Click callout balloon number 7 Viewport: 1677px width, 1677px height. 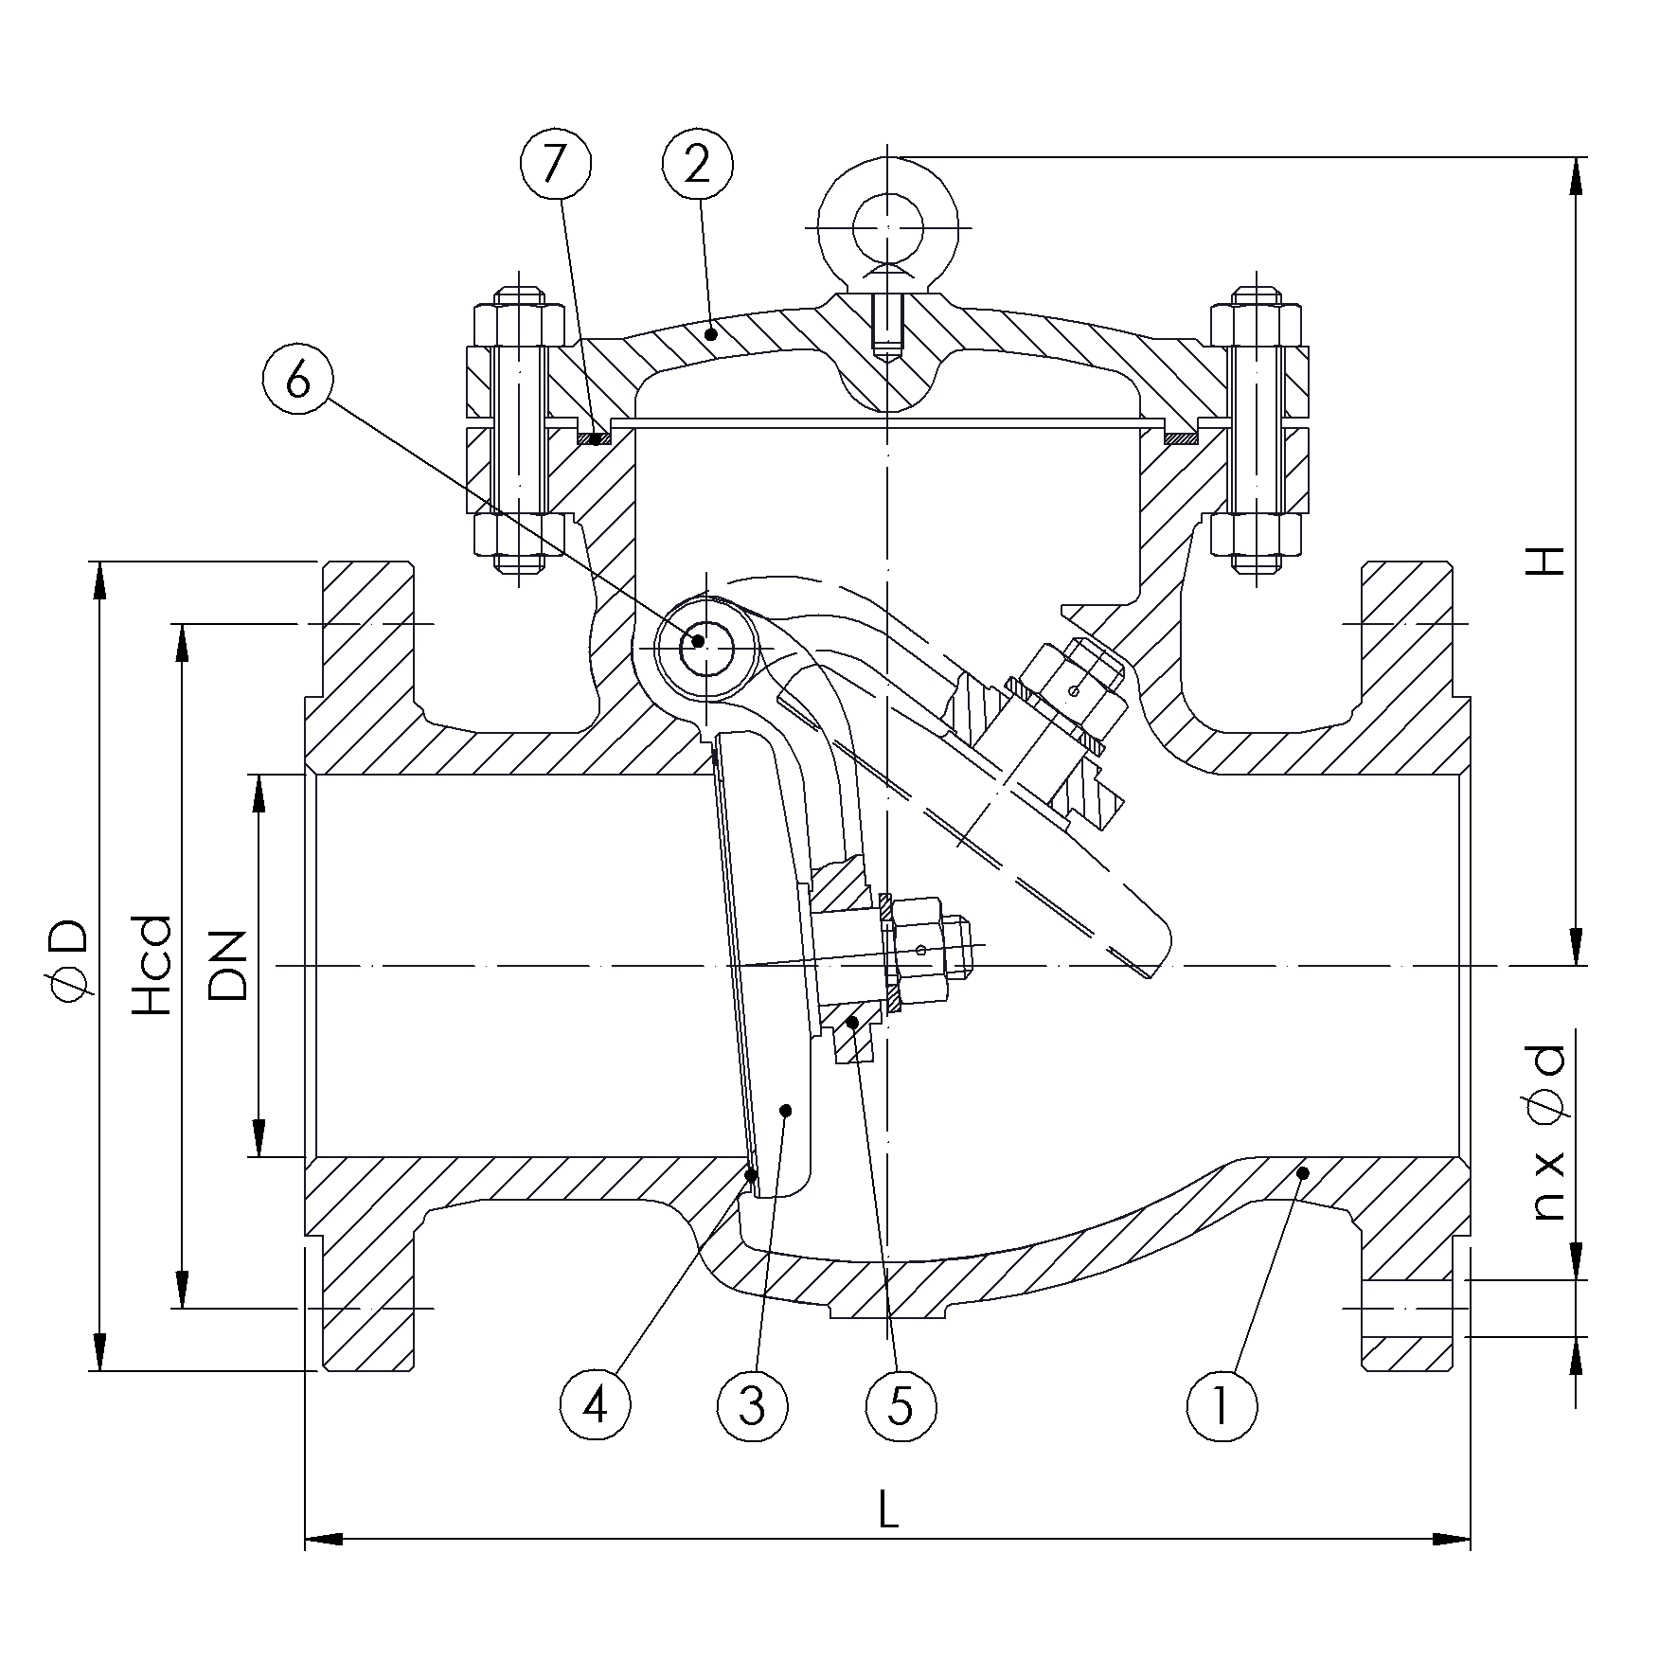(x=556, y=166)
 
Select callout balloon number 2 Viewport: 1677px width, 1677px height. (x=698, y=166)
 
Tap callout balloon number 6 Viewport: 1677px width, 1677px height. (x=297, y=382)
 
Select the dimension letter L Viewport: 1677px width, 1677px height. (x=887, y=1539)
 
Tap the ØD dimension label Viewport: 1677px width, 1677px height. (x=71, y=958)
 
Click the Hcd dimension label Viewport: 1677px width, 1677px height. (x=152, y=966)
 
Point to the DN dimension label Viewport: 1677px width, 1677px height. (x=227, y=966)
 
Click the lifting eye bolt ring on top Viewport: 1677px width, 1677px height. (x=887, y=227)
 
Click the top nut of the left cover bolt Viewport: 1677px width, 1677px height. (x=519, y=325)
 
